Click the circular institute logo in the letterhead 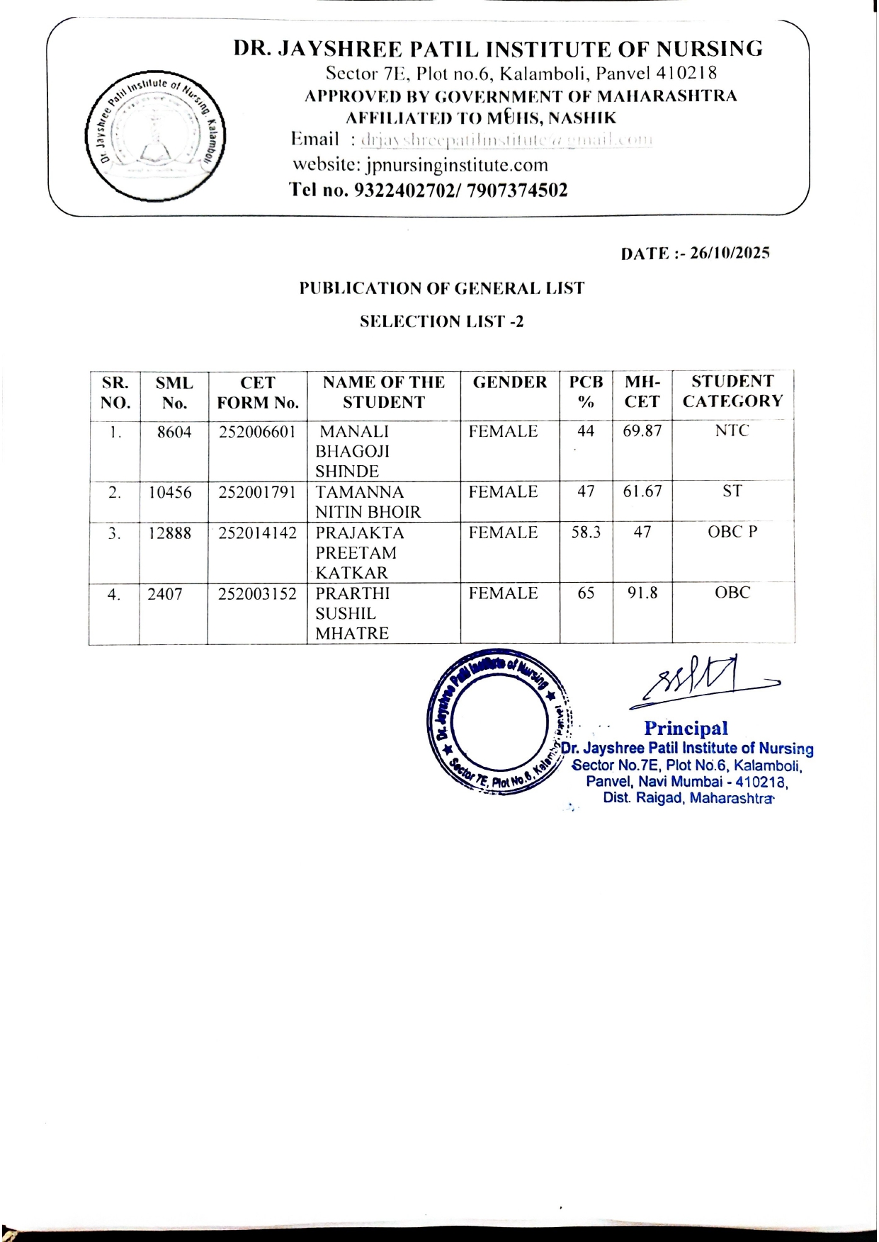(x=154, y=133)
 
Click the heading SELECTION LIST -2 (x=442, y=321)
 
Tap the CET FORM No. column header (x=258, y=392)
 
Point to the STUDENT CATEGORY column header (x=732, y=391)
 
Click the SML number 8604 (x=174, y=432)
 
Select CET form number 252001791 (x=256, y=492)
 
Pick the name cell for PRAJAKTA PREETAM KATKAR (x=359, y=553)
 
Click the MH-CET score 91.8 (x=642, y=593)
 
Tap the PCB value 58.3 (x=586, y=532)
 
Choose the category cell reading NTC (x=732, y=431)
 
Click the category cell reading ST (x=732, y=491)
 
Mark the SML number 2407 (x=165, y=594)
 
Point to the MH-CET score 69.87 (x=642, y=431)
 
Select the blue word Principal (x=686, y=728)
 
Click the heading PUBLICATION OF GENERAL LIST (x=441, y=288)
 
